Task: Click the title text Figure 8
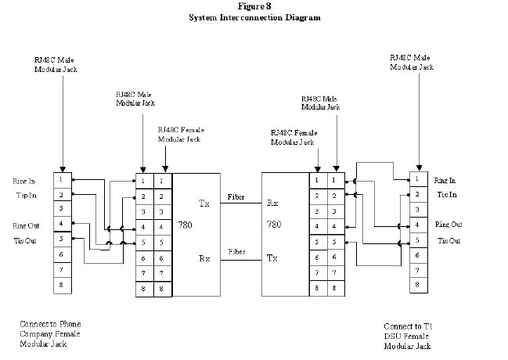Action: tap(254, 6)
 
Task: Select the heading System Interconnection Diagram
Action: tap(254, 17)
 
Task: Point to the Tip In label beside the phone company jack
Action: tap(24, 194)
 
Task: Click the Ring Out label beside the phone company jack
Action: tap(26, 225)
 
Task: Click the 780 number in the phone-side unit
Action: tap(186, 225)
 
